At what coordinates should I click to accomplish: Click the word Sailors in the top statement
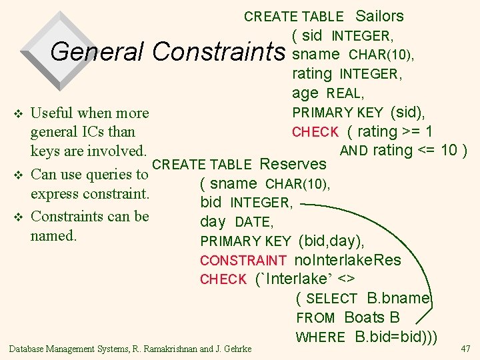pos(379,16)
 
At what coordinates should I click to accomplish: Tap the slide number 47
pos(465,348)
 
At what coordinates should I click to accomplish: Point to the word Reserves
pos(293,164)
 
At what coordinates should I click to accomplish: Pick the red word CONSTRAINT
pos(243,261)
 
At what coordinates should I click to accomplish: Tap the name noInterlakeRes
pos(347,260)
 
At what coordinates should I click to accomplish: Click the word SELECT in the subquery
pos(331,299)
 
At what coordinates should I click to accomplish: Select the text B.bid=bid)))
pos(397,337)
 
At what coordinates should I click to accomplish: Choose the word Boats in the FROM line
pos(365,318)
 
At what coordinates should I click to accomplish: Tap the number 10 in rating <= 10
pos(448,151)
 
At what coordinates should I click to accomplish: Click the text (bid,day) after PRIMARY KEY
pos(331,241)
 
